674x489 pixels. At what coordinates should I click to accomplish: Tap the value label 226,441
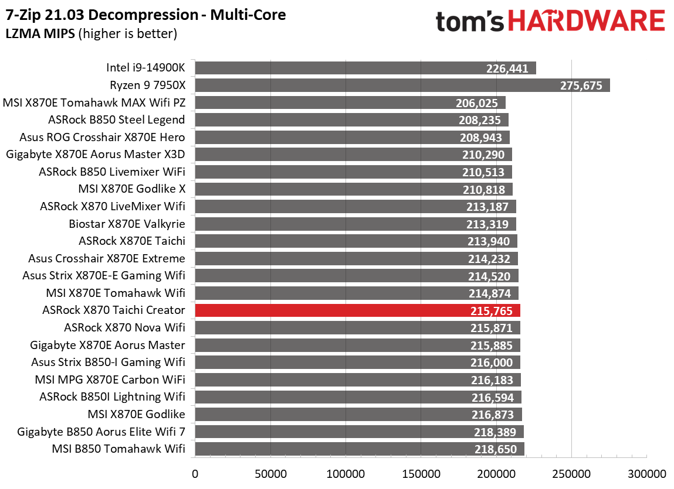click(507, 69)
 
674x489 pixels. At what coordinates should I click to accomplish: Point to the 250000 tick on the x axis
click(571, 473)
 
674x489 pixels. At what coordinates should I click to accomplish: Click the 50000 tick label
click(270, 473)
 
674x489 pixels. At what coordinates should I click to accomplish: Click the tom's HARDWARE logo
click(550, 22)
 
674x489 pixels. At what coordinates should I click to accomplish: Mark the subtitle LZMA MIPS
click(40, 33)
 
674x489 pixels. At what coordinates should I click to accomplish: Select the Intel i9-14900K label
click(145, 68)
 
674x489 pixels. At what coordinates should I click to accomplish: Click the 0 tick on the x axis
click(195, 473)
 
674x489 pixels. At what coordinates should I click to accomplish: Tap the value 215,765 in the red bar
click(492, 311)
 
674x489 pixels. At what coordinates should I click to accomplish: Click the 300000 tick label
click(646, 473)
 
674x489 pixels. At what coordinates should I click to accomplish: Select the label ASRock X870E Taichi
click(132, 241)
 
